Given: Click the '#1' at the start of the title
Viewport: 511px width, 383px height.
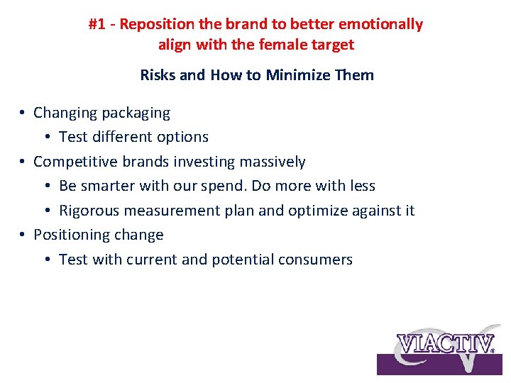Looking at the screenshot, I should click(97, 24).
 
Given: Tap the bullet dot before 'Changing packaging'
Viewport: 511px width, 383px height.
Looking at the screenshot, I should click(23, 113).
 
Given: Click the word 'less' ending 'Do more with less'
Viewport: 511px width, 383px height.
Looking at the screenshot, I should click(362, 186).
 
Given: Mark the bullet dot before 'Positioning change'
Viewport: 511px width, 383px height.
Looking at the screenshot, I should click(23, 235).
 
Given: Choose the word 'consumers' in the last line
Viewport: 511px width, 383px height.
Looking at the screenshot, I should click(317, 260).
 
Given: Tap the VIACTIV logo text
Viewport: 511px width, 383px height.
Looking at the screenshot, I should click(446, 343).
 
